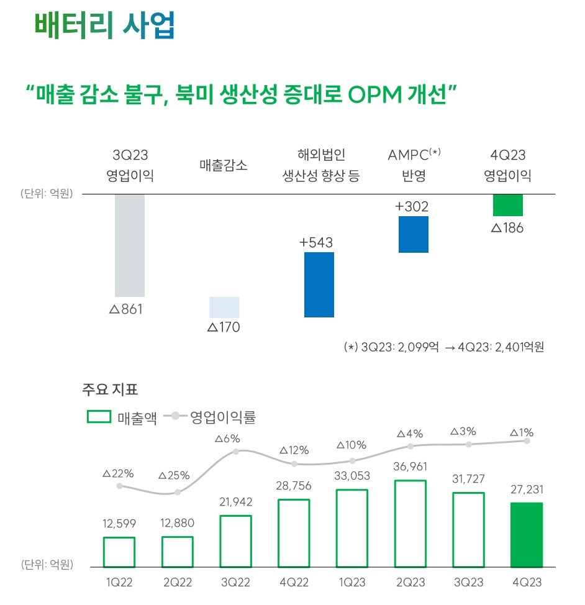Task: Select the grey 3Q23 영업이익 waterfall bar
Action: tap(130, 245)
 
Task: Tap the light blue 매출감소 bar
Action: tap(224, 307)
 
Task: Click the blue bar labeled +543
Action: tap(319, 284)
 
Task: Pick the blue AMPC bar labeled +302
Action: tap(413, 234)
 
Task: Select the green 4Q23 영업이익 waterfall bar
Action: tap(507, 205)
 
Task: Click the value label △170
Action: tap(224, 327)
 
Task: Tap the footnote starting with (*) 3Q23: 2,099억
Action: tap(443, 347)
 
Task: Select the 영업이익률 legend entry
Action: tap(210, 417)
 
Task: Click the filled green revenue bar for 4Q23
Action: tap(526, 535)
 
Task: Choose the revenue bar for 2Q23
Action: tap(410, 524)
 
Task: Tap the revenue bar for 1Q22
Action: tap(119, 552)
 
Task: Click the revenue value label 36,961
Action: tap(410, 466)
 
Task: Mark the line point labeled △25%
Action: tap(178, 492)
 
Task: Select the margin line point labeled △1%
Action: tap(527, 440)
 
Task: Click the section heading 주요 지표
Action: tap(110, 390)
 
